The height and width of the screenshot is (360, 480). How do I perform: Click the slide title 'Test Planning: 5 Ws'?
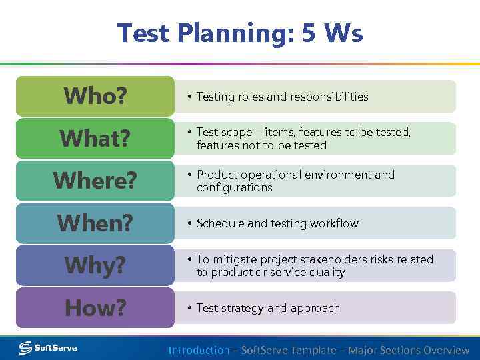point(240,32)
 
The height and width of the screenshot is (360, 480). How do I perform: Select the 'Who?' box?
point(95,96)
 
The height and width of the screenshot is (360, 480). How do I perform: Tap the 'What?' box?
point(95,139)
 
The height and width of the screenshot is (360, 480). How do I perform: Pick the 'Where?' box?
point(95,181)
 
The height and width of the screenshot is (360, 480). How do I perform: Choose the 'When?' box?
point(95,223)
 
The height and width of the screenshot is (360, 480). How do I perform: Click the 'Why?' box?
point(95,265)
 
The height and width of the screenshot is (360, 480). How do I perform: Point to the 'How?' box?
point(95,308)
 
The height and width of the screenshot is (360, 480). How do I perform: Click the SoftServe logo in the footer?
point(48,347)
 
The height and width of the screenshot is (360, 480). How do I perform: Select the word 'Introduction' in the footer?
point(199,350)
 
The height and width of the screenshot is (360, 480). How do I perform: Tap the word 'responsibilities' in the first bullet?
point(327,97)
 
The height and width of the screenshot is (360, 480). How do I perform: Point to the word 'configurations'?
point(234,188)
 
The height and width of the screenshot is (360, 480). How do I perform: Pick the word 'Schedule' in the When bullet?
point(220,224)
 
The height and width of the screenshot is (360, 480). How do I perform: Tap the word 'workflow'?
point(333,224)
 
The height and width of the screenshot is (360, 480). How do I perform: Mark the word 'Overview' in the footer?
point(445,350)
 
